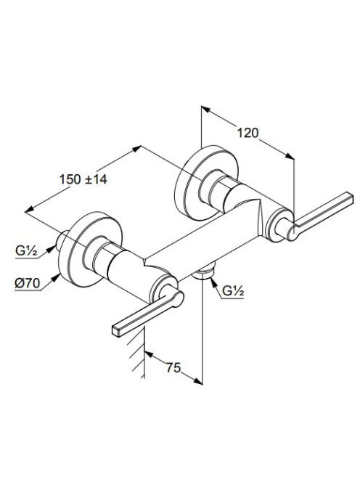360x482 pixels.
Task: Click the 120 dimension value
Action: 247,133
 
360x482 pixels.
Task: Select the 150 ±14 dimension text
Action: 83,179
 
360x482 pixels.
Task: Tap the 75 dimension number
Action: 173,367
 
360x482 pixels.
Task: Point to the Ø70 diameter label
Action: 28,283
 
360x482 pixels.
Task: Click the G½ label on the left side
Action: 26,251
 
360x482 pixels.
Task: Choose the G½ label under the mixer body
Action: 233,291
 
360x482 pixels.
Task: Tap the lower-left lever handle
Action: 147,314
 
